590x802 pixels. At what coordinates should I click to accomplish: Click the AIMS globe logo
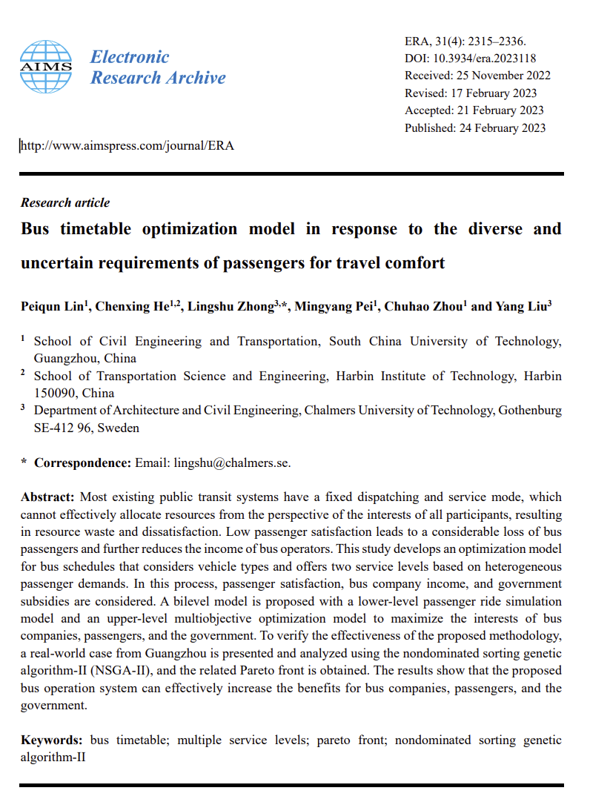[x=46, y=67]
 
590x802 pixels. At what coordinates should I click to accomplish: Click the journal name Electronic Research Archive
[x=158, y=67]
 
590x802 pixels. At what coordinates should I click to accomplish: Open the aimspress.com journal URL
[x=127, y=145]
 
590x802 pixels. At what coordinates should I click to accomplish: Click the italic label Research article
[x=65, y=202]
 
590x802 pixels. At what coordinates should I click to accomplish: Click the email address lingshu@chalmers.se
[x=231, y=463]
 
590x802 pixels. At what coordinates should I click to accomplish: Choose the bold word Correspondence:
[x=82, y=463]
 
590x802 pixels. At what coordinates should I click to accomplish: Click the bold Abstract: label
[x=47, y=497]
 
